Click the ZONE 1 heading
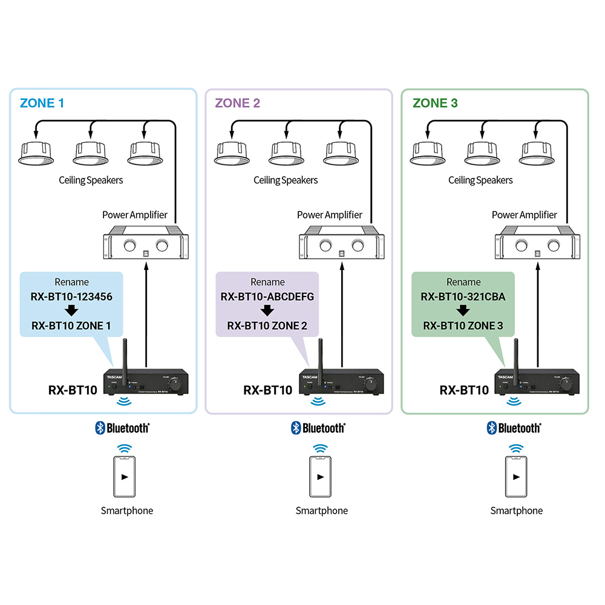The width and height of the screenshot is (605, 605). point(42,103)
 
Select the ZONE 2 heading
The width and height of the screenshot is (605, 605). point(237,103)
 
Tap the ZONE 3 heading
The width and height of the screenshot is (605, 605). point(435,103)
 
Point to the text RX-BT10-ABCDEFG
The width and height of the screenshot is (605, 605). point(267,297)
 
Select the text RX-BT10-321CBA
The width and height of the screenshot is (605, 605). point(463,297)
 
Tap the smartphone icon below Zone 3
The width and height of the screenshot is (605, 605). point(516,476)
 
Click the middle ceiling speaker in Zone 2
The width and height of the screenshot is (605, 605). point(286,154)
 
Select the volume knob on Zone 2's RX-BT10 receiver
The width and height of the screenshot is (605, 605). point(371,384)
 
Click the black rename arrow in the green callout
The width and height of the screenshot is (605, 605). point(463,311)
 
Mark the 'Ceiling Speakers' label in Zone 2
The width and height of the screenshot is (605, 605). point(286,180)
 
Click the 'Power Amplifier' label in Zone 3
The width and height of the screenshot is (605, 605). point(524,215)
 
